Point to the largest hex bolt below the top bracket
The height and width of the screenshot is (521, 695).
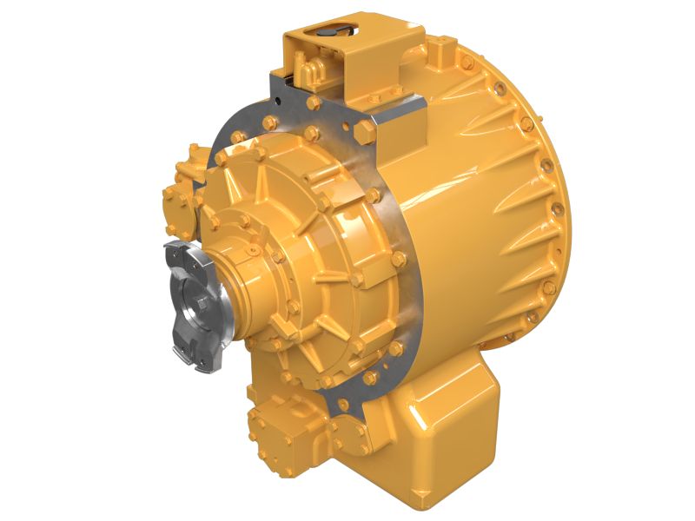[365, 131]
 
